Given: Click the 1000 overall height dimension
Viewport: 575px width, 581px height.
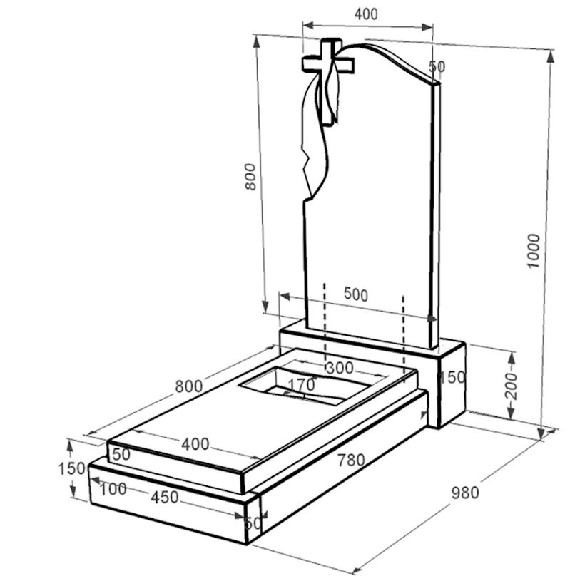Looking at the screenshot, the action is (534, 251).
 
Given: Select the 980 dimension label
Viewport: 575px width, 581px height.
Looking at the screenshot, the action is (465, 493).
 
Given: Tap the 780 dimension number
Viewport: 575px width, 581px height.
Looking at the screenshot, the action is (351, 461).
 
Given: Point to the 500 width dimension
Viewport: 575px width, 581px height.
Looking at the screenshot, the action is (356, 294).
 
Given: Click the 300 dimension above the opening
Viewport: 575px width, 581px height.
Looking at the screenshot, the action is (340, 368).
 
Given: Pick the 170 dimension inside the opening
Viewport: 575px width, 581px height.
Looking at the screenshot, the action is (301, 385).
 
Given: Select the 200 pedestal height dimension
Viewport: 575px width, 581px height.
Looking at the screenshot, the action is (512, 386).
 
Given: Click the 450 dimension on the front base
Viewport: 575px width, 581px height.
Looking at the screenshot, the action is (164, 498).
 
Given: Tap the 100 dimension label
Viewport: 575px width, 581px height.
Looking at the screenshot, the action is (113, 489).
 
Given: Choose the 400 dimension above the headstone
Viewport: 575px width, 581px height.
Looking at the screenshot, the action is (366, 14).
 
